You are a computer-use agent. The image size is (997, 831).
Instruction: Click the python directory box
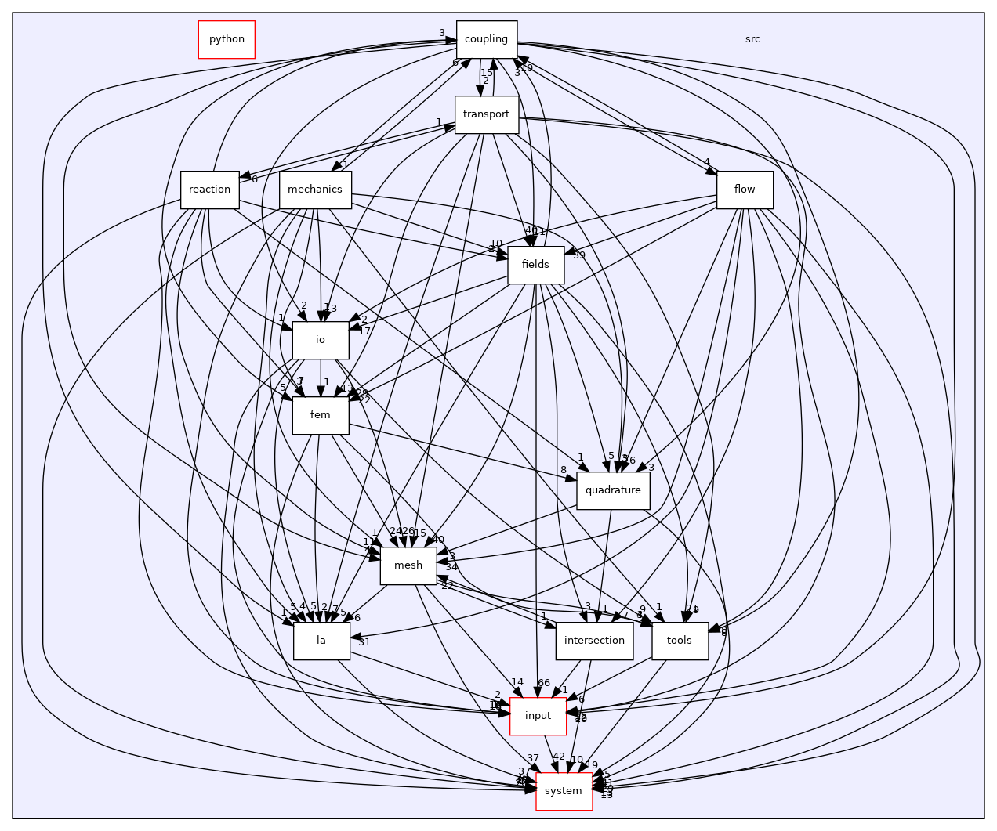227,39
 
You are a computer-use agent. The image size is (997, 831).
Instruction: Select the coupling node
487,39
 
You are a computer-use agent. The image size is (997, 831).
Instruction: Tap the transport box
486,114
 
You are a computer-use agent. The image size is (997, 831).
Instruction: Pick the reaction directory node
209,190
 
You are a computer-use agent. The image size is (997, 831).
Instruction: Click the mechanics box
315,190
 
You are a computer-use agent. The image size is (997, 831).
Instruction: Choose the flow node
744,190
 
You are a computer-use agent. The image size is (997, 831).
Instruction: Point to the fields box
535,265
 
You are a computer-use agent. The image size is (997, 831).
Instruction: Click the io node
320,340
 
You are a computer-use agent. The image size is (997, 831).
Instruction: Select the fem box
320,415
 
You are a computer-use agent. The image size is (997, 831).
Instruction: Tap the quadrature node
613,490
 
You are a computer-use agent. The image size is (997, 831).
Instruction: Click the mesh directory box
408,565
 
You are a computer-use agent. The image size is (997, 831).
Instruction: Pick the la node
321,641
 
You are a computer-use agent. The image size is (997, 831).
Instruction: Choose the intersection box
594,641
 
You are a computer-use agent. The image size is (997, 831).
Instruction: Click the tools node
679,641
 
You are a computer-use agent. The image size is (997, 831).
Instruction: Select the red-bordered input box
538,716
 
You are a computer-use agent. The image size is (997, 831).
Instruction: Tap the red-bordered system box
563,791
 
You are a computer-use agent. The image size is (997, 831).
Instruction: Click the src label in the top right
752,39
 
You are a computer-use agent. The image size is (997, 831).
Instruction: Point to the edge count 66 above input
544,683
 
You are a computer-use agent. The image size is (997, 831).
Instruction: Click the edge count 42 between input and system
559,757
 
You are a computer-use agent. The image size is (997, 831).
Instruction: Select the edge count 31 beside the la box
364,642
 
